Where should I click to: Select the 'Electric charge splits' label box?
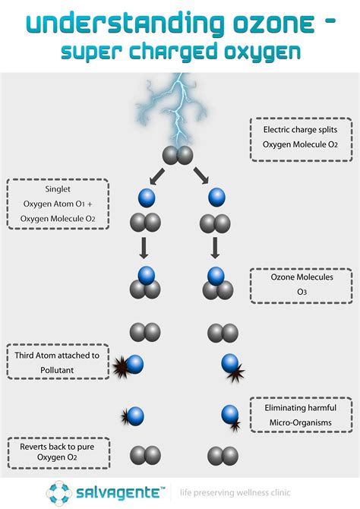[301, 139]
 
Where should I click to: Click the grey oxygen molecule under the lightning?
[178, 155]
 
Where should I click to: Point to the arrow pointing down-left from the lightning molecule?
[157, 176]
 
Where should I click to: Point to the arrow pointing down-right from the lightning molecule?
[201, 175]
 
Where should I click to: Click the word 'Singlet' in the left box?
[58, 189]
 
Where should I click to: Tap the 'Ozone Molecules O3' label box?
[301, 286]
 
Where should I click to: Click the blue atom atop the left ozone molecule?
[146, 275]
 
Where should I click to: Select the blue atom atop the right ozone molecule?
[216, 276]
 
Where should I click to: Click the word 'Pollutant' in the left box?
[57, 370]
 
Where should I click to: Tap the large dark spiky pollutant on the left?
[120, 367]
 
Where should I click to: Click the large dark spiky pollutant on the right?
[236, 372]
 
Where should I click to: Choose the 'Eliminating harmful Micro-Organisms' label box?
[301, 415]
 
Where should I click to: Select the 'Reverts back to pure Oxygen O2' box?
[58, 453]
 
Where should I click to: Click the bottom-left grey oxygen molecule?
[145, 455]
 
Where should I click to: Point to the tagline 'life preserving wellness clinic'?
[235, 493]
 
